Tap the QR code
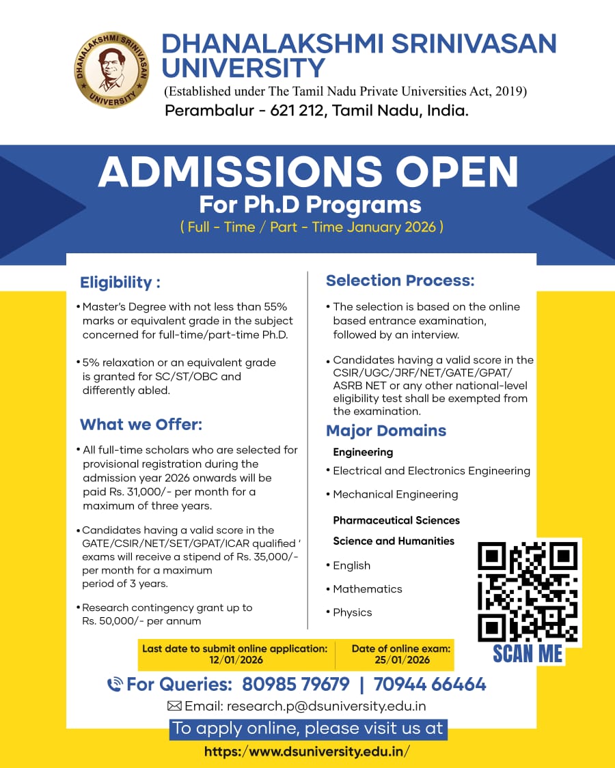click(528, 591)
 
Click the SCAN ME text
click(528, 653)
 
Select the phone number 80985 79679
click(296, 684)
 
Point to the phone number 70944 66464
click(430, 684)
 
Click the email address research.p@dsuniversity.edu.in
click(326, 706)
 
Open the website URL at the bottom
click(307, 752)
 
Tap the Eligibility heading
click(120, 282)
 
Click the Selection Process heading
click(400, 281)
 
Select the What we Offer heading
click(141, 425)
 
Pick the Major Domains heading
click(386, 431)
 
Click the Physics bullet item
click(352, 612)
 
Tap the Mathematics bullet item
click(367, 588)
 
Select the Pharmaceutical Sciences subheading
click(396, 520)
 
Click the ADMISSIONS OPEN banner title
click(308, 172)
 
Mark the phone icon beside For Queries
click(115, 684)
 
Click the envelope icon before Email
click(174, 706)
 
